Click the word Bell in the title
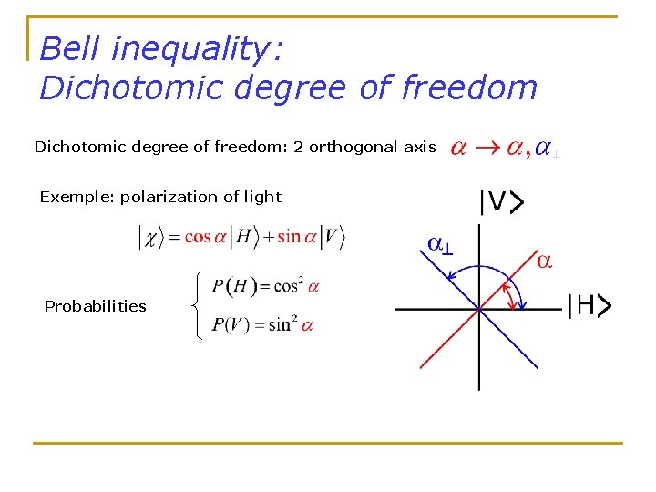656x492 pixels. click(69, 48)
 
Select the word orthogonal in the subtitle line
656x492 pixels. click(351, 148)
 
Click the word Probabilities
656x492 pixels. click(95, 306)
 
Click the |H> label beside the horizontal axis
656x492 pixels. click(588, 307)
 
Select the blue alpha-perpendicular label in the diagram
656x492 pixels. click(440, 244)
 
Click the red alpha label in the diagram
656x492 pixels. click(543, 261)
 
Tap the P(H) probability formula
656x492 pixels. click(265, 286)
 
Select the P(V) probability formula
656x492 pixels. click(262, 325)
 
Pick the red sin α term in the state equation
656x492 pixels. click(295, 237)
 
